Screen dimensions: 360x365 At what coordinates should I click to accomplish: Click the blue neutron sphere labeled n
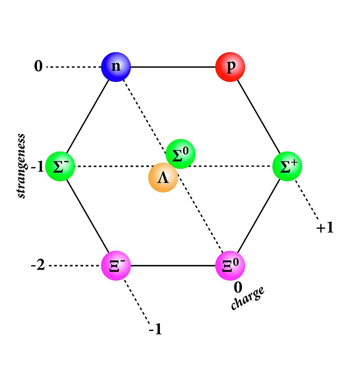(116, 67)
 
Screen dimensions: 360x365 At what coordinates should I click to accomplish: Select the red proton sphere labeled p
(230, 67)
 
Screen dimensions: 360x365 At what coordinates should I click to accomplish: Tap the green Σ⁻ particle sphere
(60, 166)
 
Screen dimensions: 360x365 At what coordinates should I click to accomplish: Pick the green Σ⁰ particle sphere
(180, 154)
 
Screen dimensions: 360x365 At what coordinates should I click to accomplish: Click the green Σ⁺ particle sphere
(287, 166)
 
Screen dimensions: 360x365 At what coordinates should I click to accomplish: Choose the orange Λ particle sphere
(163, 177)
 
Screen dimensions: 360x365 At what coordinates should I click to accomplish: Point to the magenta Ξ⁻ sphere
(116, 266)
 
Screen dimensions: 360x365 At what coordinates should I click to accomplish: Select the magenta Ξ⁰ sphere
(230, 266)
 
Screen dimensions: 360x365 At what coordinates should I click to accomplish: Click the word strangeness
(21, 166)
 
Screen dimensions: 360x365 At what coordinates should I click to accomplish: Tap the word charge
(248, 298)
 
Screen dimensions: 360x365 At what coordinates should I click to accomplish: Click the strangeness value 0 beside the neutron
(39, 66)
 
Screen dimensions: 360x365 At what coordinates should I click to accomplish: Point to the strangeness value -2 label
(38, 265)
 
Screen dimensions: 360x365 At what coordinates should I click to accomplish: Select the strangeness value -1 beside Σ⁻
(37, 166)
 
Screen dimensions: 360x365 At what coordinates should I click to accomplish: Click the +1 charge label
(325, 227)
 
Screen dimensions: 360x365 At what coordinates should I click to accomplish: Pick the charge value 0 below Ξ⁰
(238, 287)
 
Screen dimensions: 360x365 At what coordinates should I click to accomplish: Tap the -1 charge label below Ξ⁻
(155, 329)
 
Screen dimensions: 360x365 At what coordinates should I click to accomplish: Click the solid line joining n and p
(173, 67)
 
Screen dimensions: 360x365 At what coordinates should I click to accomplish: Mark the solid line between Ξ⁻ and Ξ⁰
(173, 266)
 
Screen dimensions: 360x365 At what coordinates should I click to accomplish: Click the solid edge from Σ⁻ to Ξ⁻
(88, 216)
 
